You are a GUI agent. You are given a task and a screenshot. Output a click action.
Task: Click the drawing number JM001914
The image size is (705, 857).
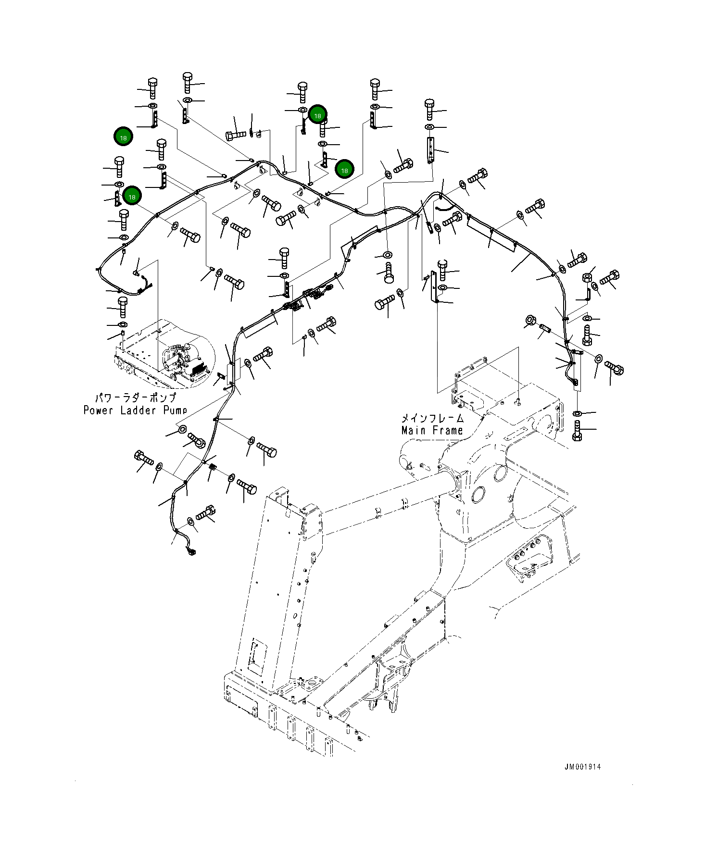(582, 767)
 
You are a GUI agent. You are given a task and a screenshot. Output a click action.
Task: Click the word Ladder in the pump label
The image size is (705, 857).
(138, 410)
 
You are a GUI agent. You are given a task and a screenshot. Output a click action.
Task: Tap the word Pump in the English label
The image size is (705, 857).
(175, 410)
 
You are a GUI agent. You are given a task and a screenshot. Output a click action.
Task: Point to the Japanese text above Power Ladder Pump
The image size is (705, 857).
(136, 397)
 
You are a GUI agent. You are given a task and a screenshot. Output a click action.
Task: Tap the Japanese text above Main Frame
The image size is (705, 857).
(432, 418)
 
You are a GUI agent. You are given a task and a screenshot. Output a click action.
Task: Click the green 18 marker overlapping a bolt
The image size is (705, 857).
(317, 115)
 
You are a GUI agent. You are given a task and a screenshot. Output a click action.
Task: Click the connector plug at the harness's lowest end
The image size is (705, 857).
(191, 551)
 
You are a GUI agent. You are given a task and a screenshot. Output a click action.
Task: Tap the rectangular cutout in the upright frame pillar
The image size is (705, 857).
(257, 655)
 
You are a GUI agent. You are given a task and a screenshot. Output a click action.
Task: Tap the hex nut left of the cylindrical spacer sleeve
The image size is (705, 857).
(530, 320)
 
